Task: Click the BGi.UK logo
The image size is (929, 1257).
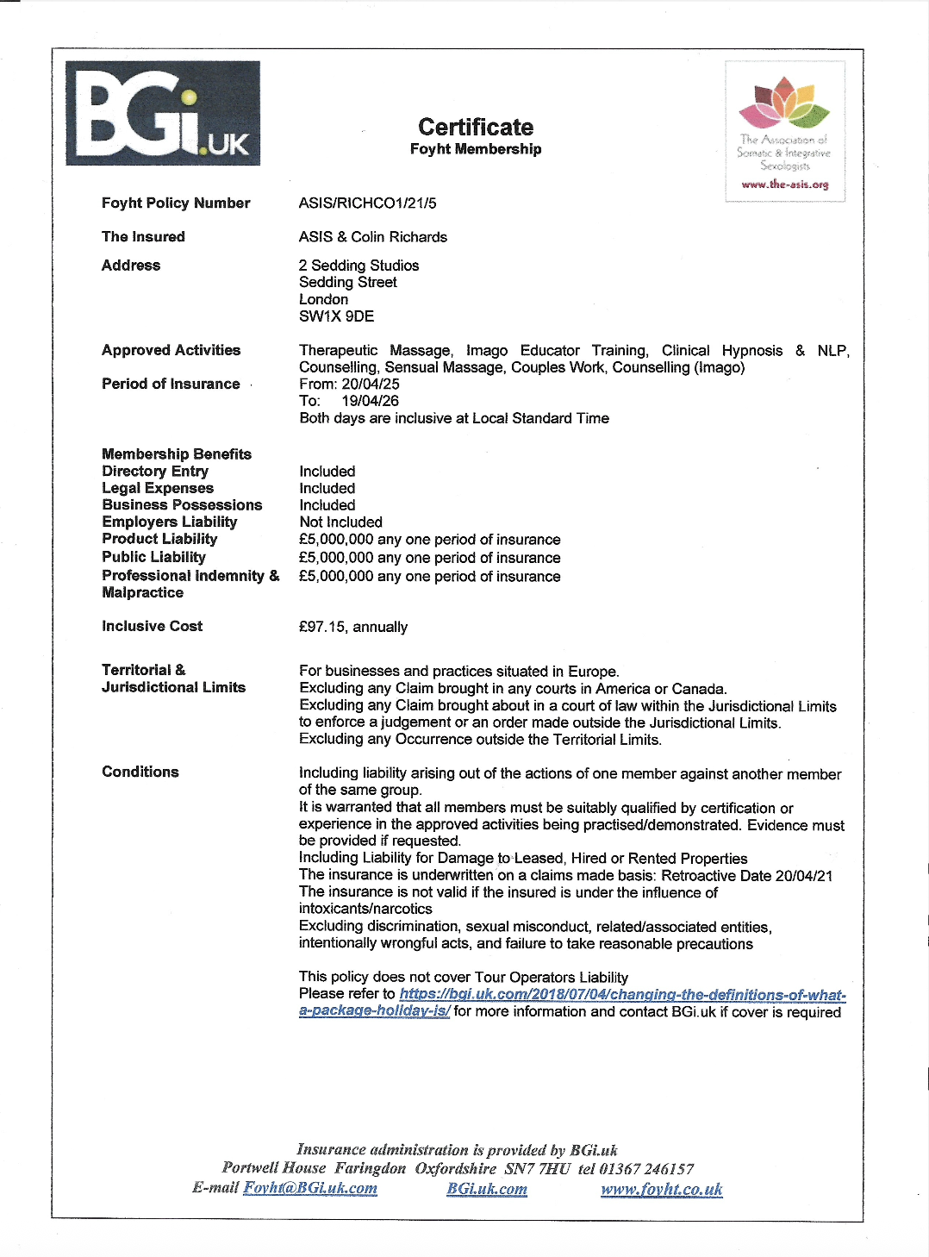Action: point(163,113)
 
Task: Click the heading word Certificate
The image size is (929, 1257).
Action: point(476,128)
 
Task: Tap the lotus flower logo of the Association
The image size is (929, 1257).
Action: point(783,103)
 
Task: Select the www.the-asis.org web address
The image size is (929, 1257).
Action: point(784,184)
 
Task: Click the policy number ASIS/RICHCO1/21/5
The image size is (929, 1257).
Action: point(367,203)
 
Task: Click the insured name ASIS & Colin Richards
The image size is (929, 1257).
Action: point(373,237)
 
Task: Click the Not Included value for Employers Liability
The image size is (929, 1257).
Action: point(340,522)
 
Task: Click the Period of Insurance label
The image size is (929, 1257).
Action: point(171,385)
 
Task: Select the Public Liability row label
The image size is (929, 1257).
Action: point(153,557)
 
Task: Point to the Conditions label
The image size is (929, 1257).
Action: point(140,772)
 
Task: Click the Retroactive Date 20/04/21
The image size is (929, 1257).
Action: point(803,876)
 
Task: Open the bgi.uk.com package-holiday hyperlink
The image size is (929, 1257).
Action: point(622,995)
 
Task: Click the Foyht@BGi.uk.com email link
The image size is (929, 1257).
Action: point(310,1188)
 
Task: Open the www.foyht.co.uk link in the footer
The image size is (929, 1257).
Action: point(661,1190)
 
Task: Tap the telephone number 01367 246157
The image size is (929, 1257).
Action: point(646,1169)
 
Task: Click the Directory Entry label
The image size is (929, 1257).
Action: point(155,472)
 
